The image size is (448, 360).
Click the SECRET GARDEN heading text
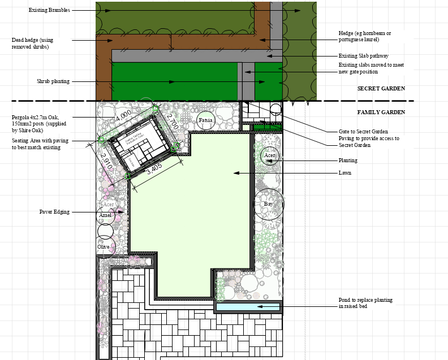(x=381, y=89)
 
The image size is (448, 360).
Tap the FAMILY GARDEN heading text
(x=381, y=112)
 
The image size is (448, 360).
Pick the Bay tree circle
(x=269, y=204)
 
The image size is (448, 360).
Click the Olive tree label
(x=103, y=247)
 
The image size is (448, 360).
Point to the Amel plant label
(x=105, y=215)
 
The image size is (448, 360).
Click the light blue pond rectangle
(x=248, y=307)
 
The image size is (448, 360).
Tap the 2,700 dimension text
(x=173, y=123)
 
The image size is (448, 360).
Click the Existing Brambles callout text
(x=49, y=10)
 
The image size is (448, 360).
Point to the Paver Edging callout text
(x=54, y=212)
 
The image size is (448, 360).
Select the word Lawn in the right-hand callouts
(x=345, y=172)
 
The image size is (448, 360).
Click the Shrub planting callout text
(x=53, y=81)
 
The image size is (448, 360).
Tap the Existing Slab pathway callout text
(x=363, y=56)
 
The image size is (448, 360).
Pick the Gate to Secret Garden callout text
(x=363, y=132)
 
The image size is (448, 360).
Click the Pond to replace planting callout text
(x=365, y=303)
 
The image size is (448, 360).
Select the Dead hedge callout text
(x=32, y=44)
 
